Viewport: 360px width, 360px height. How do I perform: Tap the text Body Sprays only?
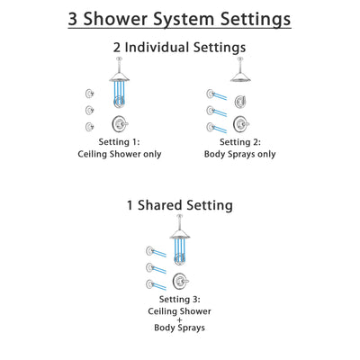239,155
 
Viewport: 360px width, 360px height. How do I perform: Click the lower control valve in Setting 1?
119,123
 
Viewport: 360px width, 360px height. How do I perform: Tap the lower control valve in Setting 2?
239,123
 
